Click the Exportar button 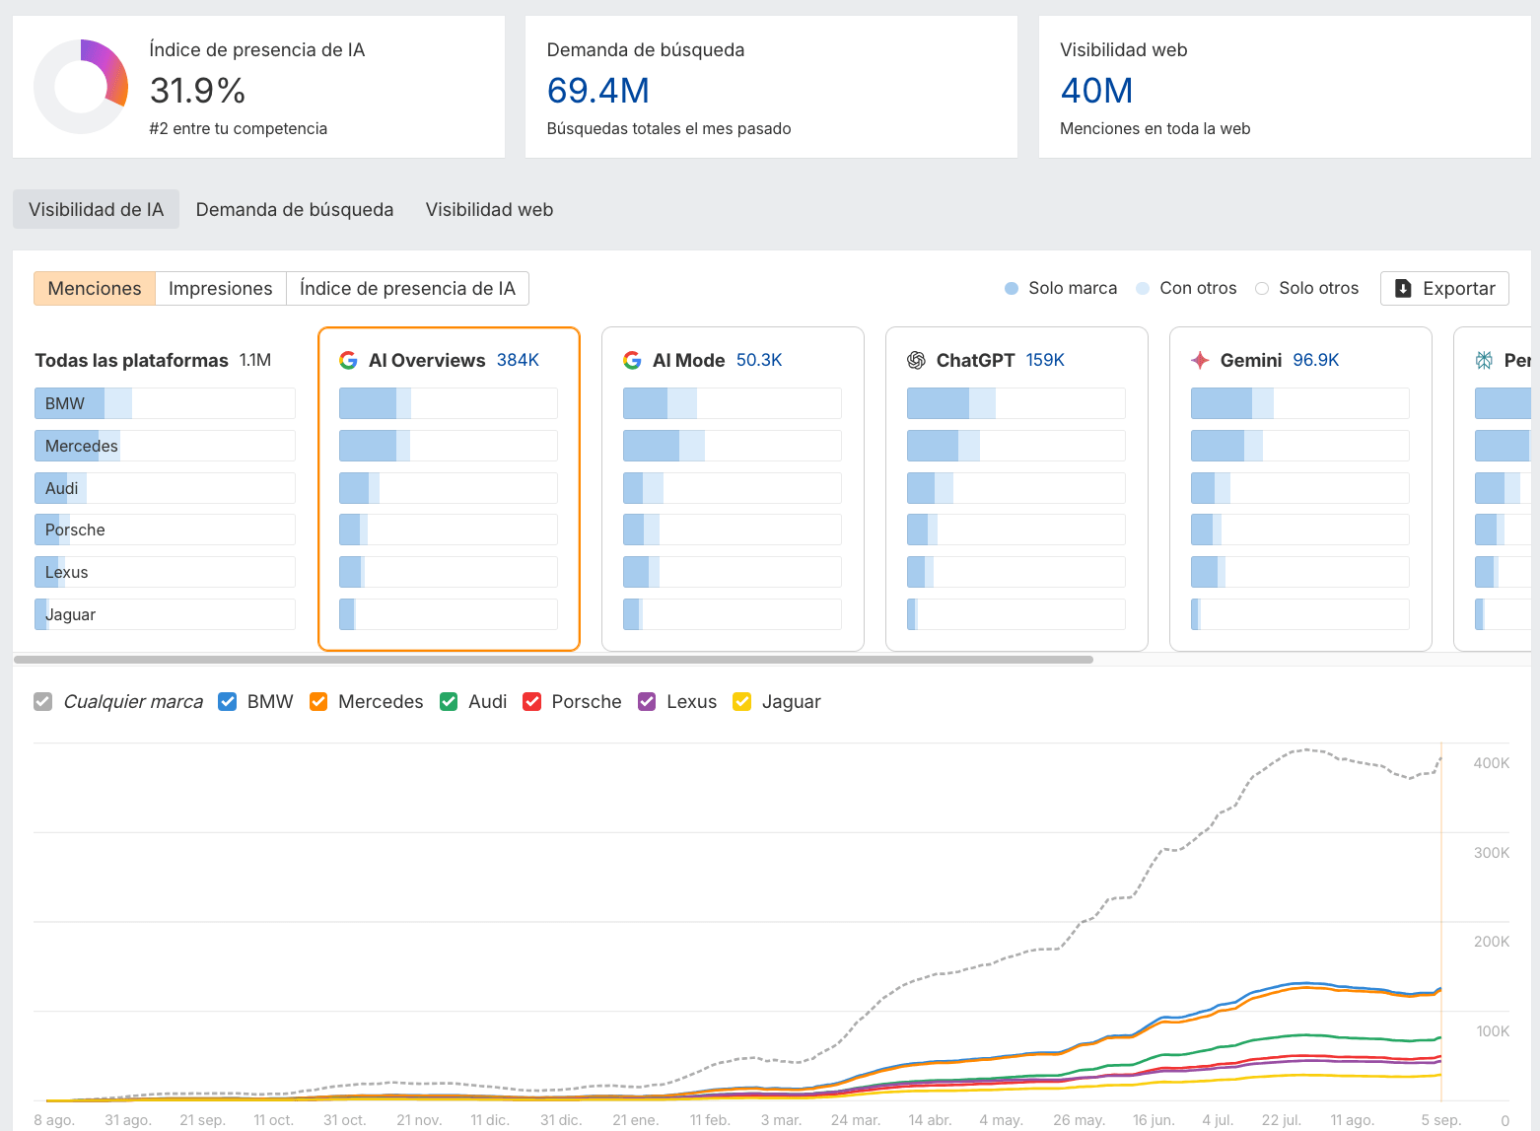click(x=1444, y=288)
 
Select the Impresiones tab click(x=220, y=288)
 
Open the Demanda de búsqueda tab click(x=294, y=209)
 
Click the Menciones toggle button click(x=95, y=288)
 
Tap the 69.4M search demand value click(x=597, y=91)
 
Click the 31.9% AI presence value click(x=197, y=91)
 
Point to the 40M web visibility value click(x=1095, y=91)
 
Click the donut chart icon click(x=81, y=87)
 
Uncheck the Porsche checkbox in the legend click(x=532, y=701)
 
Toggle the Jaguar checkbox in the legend click(x=742, y=701)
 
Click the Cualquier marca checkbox click(x=42, y=701)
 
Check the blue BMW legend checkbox click(x=228, y=701)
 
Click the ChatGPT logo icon click(x=916, y=360)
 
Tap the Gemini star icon click(x=1200, y=360)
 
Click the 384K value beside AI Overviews click(x=518, y=360)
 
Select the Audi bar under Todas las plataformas click(x=165, y=488)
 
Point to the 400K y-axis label click(x=1491, y=762)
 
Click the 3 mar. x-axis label click(x=781, y=1119)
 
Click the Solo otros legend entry click(x=1306, y=288)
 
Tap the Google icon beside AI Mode click(x=632, y=360)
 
